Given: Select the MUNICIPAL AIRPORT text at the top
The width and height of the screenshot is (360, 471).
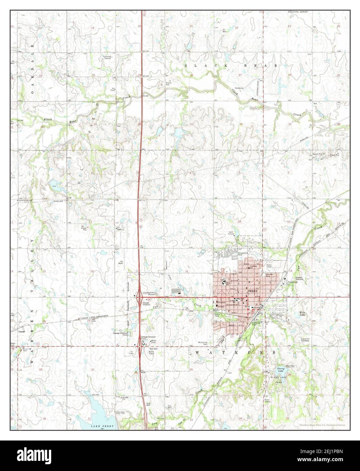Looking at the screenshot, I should click(x=298, y=12).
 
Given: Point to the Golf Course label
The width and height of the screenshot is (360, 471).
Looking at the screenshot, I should click(x=231, y=233).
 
